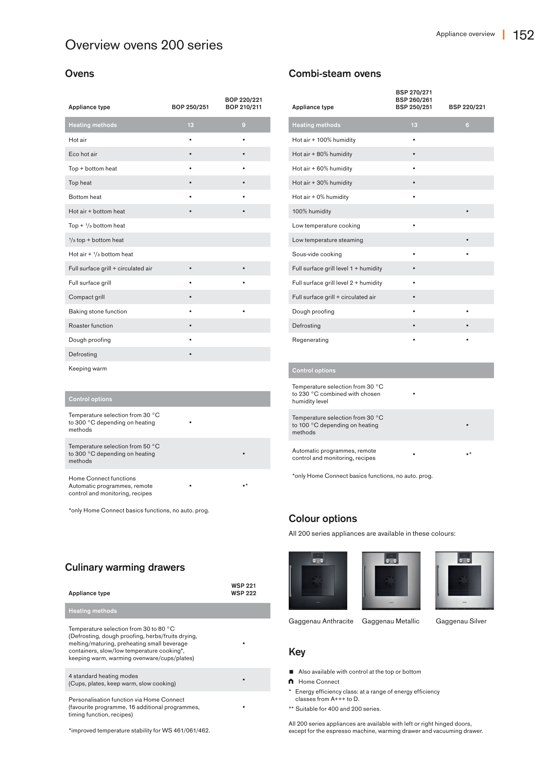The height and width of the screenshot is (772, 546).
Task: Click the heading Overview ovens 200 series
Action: point(144,45)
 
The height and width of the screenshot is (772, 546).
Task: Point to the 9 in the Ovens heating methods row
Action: point(244,125)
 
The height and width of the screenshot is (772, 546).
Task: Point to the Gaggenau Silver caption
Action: point(461,621)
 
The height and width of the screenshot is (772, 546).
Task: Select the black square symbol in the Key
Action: point(291,672)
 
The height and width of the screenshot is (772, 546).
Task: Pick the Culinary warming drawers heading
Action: point(125,568)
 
